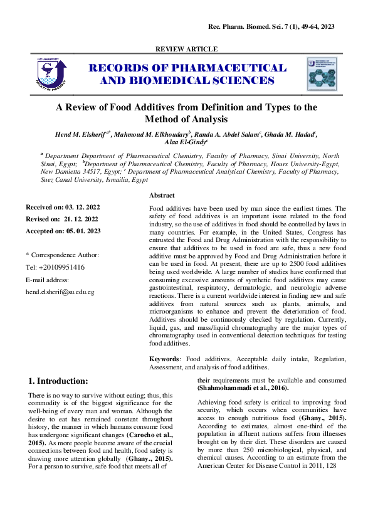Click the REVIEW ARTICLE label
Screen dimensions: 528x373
click(186, 49)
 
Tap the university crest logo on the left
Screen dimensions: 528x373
click(47, 74)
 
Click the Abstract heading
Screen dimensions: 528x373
click(162, 196)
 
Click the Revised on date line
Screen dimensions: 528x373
click(61, 219)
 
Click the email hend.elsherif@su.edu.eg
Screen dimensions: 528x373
click(60, 292)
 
